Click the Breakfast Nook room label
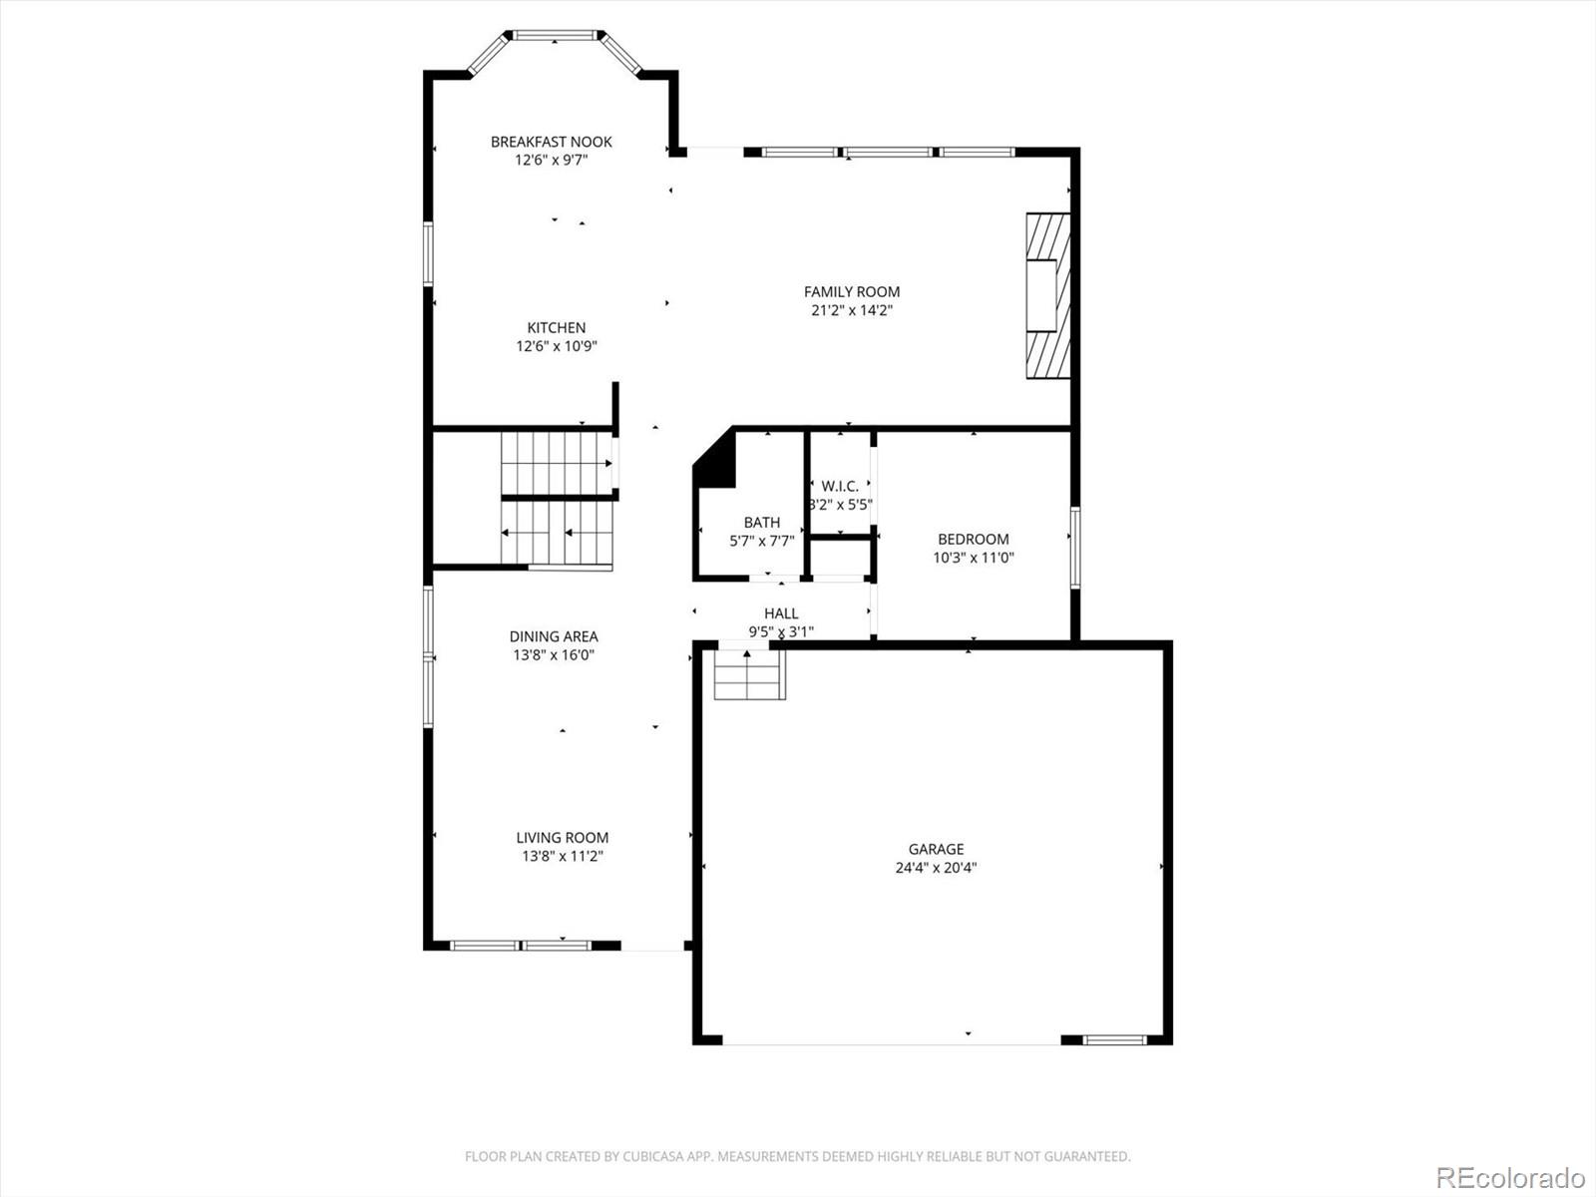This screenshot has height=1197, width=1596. (x=551, y=142)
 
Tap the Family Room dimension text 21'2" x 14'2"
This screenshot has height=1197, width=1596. (x=851, y=310)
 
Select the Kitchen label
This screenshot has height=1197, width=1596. (x=557, y=327)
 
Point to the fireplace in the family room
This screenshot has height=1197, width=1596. (x=1047, y=295)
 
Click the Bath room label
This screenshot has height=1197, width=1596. (x=761, y=522)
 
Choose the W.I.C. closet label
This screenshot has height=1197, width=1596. (x=840, y=486)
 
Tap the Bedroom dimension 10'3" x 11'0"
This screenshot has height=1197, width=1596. (x=973, y=558)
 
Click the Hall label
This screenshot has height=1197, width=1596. (x=781, y=612)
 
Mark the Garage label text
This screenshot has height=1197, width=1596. (x=936, y=849)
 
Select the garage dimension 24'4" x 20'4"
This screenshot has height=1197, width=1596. (x=936, y=868)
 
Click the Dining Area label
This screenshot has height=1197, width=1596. (x=554, y=635)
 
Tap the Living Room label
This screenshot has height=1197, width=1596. (x=562, y=838)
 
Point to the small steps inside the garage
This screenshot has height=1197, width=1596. (x=748, y=675)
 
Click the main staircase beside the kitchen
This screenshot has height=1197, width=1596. (x=557, y=499)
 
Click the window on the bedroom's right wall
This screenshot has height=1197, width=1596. (x=1075, y=547)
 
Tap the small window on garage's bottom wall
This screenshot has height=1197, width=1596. (x=1115, y=1039)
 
